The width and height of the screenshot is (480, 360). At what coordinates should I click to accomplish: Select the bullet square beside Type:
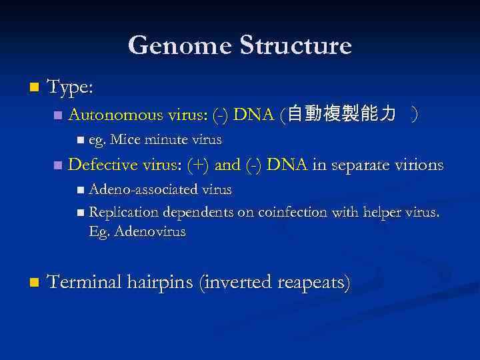pyautogui.click(x=35, y=87)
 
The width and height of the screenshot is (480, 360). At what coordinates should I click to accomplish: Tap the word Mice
pyautogui.click(x=124, y=140)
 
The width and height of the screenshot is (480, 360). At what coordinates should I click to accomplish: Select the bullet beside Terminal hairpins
pyautogui.click(x=35, y=283)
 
